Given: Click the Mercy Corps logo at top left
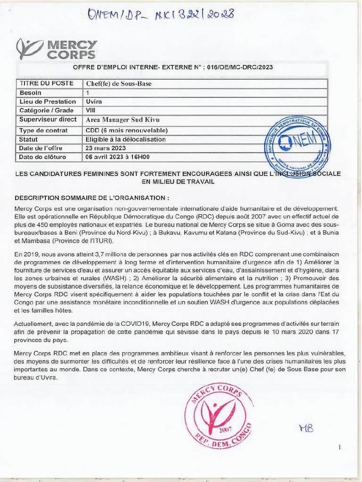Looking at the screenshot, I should [57, 49].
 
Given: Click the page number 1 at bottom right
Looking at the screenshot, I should [339, 448].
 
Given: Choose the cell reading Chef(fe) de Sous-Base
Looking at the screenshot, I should [118, 84].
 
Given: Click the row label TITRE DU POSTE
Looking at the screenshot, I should [46, 83].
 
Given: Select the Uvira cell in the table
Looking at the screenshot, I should [94, 102].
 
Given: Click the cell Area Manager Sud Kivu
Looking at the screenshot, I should [123, 120].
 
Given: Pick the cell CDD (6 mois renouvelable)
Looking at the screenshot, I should [126, 130].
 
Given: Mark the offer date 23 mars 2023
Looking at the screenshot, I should [106, 148].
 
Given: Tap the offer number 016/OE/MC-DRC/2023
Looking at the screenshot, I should [240, 67].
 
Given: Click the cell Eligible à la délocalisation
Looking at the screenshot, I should [125, 139].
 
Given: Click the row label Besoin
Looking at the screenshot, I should [31, 93].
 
